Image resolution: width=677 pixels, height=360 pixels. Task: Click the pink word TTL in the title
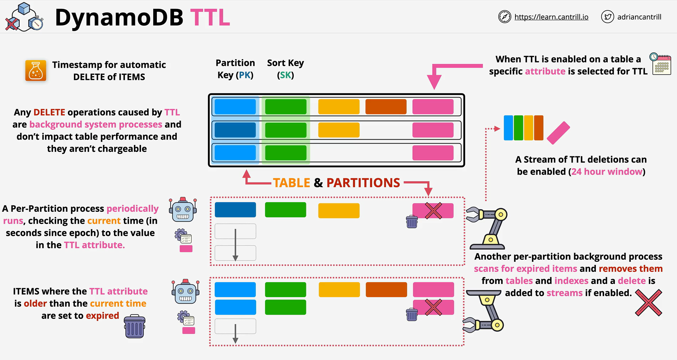point(210,17)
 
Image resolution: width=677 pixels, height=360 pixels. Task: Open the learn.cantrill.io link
point(551,17)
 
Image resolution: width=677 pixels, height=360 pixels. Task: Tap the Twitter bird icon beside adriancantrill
point(607,17)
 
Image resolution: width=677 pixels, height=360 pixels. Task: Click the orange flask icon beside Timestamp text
point(36,70)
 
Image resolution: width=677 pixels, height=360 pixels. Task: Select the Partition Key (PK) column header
point(235,69)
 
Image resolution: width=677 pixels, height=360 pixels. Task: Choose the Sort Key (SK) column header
point(285,69)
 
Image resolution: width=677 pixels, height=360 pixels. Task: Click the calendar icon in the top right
point(660,64)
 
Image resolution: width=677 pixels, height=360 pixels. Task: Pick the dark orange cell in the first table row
point(386,107)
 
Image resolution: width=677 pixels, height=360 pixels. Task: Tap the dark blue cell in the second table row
point(235,130)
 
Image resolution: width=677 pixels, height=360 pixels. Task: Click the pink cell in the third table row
point(433,153)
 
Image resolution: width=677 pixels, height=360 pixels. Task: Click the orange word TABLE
point(292,183)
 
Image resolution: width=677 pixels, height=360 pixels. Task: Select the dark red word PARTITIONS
point(363,183)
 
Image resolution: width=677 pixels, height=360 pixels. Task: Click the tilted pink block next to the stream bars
point(558,133)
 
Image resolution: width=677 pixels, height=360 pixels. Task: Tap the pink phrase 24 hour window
point(607,172)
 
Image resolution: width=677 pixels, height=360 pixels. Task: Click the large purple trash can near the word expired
point(135,326)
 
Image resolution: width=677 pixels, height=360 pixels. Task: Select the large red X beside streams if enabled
point(648,303)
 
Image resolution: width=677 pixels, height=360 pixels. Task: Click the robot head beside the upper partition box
point(183,210)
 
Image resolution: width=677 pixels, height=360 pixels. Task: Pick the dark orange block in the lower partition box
point(386,290)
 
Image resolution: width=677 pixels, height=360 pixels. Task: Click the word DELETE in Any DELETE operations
point(49,112)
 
